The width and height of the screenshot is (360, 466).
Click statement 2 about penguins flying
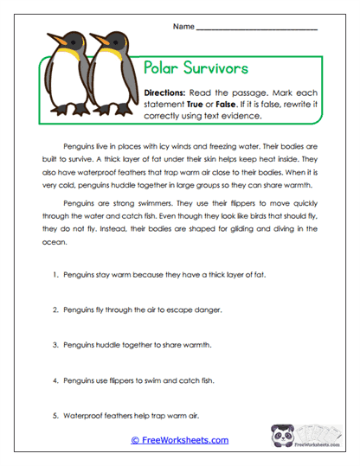(137, 309)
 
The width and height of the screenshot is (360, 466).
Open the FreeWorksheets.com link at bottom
(180, 440)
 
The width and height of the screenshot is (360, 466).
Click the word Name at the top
(183, 27)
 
